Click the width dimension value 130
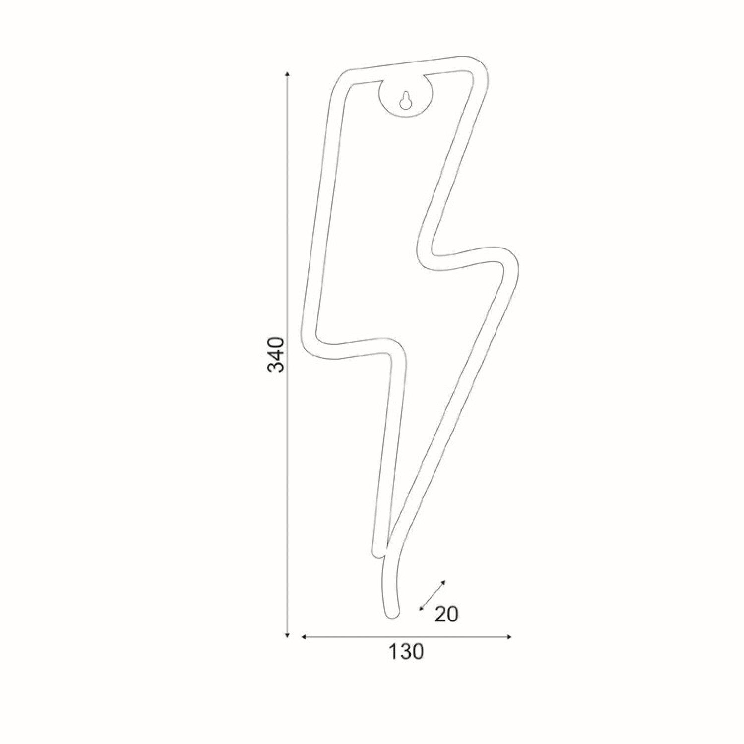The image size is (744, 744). (x=406, y=652)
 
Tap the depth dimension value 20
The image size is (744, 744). (x=446, y=615)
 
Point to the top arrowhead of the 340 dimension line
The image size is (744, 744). (x=288, y=74)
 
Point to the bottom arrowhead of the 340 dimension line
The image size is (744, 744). (x=288, y=635)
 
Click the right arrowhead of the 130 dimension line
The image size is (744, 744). (x=508, y=637)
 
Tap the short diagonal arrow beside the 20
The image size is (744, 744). (x=433, y=595)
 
